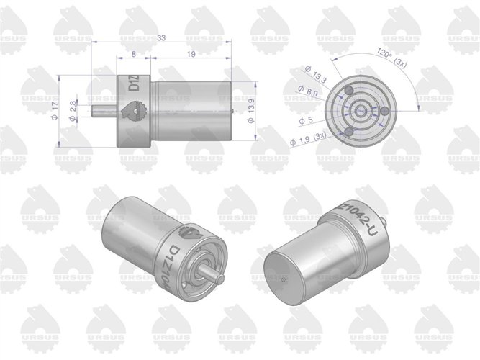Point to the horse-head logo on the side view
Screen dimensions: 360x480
[x=135, y=112]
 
